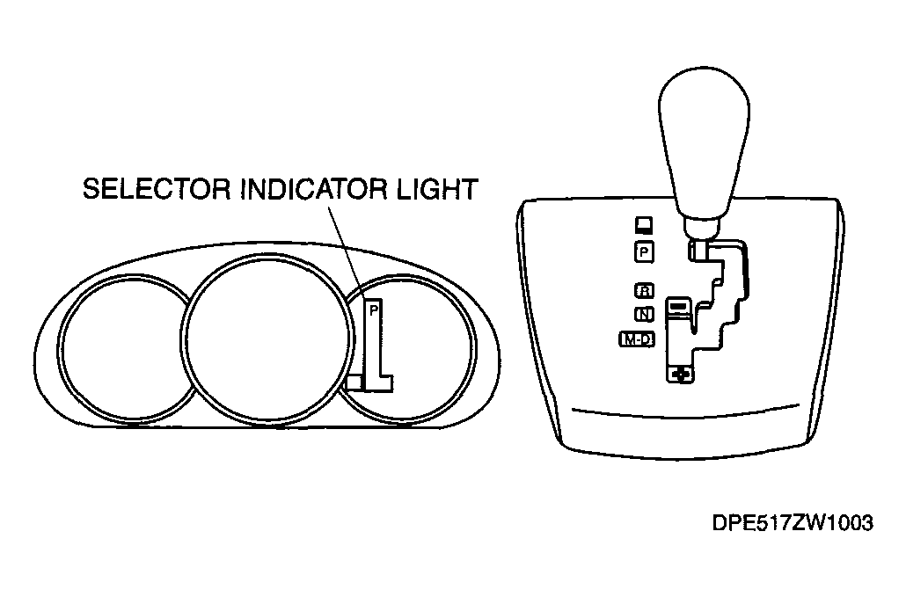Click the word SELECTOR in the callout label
pyautogui.click(x=157, y=189)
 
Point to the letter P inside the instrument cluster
pyautogui.click(x=374, y=310)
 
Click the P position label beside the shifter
pyautogui.click(x=644, y=252)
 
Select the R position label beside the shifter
pyautogui.click(x=644, y=290)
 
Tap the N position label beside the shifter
pyautogui.click(x=644, y=314)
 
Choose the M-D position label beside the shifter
pyautogui.click(x=637, y=339)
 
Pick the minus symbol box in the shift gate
pyautogui.click(x=678, y=305)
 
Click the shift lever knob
pyautogui.click(x=703, y=150)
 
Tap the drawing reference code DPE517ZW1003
pyautogui.click(x=793, y=523)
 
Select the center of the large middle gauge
pyautogui.click(x=266, y=338)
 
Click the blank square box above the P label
pyautogui.click(x=644, y=225)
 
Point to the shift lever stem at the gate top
pyautogui.click(x=698, y=250)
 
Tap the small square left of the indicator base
pyautogui.click(x=354, y=382)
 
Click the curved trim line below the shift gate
pyautogui.click(x=685, y=412)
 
